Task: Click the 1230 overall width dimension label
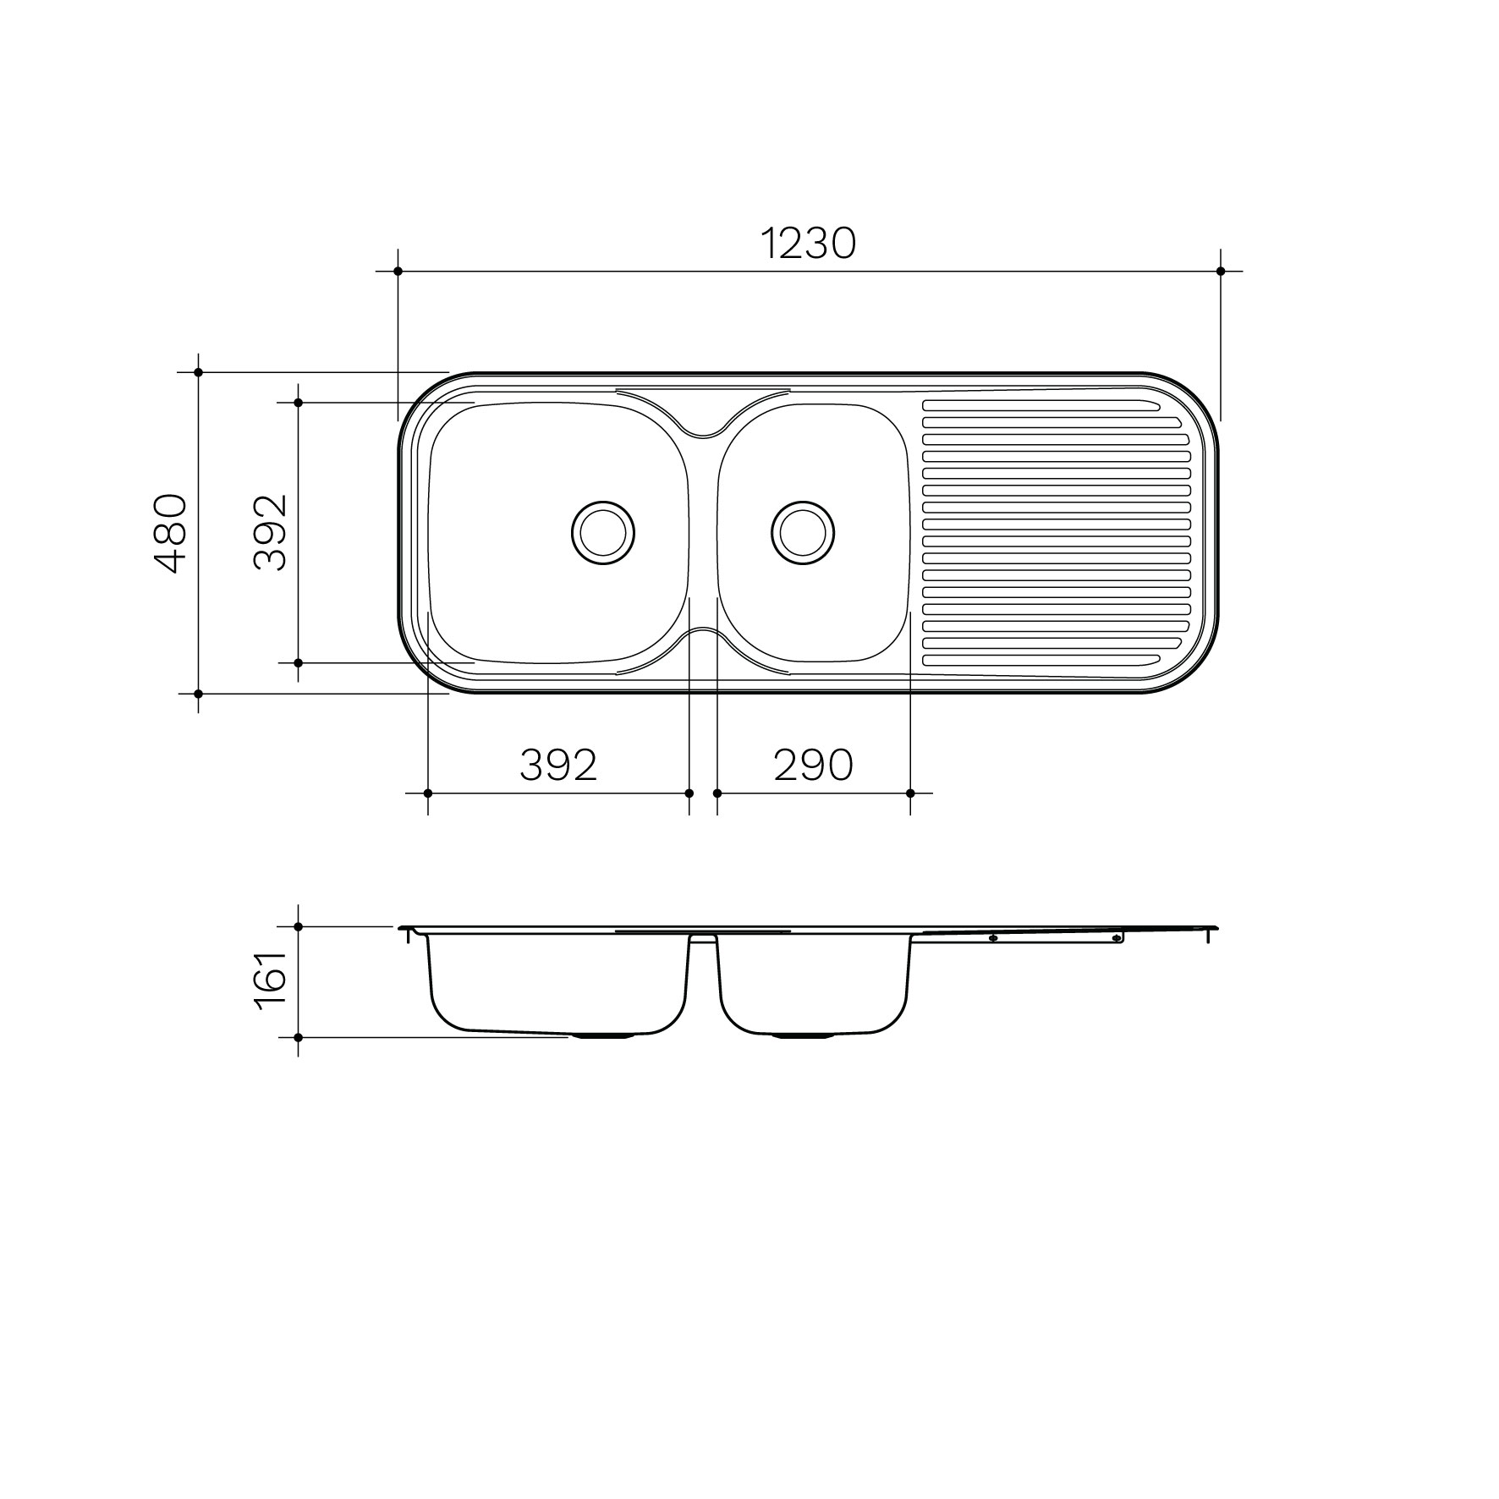point(809,244)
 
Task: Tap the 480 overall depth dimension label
point(173,534)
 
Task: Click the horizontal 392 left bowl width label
point(558,766)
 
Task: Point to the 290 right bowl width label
point(813,766)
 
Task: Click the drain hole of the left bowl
point(603,533)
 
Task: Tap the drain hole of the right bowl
point(803,533)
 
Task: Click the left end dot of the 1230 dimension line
point(398,272)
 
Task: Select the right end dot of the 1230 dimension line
point(1220,272)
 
